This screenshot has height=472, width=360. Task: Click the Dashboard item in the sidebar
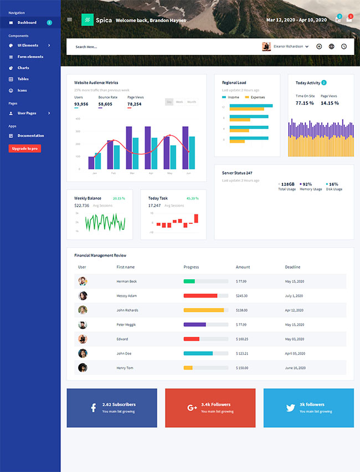point(27,23)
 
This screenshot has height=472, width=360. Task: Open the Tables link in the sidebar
point(23,79)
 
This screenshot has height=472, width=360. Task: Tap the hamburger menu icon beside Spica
point(69,19)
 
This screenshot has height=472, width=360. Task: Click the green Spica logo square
point(87,20)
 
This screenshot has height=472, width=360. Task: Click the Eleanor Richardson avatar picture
point(266,47)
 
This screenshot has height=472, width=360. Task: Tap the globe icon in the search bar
point(331,47)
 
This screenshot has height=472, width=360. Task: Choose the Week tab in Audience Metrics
point(179,102)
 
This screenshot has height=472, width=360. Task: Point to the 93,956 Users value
point(81,104)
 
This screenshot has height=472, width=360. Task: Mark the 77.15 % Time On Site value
point(305,103)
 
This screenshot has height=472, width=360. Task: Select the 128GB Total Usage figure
point(287,184)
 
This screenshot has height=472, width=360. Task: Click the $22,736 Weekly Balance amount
point(81,206)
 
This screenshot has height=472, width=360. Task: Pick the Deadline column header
point(292,267)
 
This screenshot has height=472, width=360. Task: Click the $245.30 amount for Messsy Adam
point(241,296)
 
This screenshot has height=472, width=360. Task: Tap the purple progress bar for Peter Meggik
point(194,325)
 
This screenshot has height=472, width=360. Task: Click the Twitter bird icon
point(290,408)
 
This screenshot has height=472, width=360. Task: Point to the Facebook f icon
point(93,408)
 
